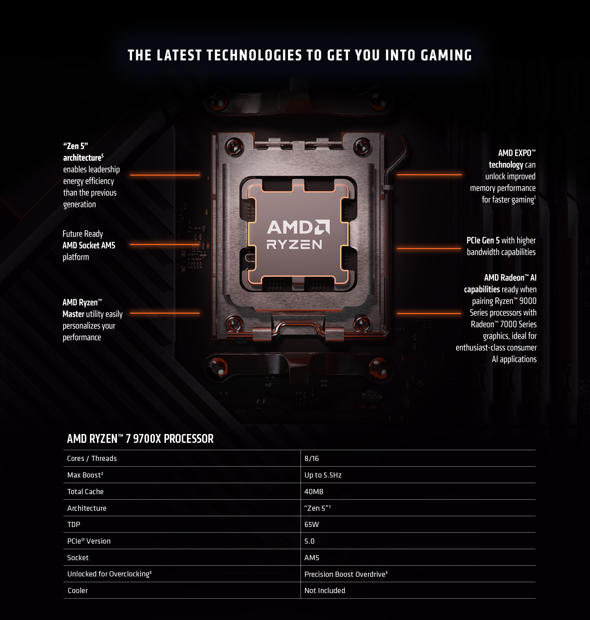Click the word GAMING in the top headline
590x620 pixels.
(x=446, y=55)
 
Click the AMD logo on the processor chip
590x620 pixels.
(x=298, y=227)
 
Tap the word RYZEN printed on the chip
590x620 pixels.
(x=294, y=245)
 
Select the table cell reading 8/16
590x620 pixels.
(x=312, y=458)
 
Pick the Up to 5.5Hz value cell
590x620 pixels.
(x=323, y=475)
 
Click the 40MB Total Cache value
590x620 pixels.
(x=314, y=492)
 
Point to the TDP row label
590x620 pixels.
(x=74, y=524)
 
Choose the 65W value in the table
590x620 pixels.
(x=312, y=524)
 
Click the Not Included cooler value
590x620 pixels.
(x=325, y=590)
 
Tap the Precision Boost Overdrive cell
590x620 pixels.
(x=346, y=574)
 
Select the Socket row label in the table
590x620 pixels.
(x=78, y=558)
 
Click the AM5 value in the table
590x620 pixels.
(x=312, y=558)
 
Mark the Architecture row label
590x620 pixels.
(x=87, y=508)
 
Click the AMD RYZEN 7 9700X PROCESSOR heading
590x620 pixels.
(x=140, y=439)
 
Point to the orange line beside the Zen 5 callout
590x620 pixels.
(x=165, y=175)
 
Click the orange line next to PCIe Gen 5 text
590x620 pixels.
(x=429, y=248)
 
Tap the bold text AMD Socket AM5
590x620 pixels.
(x=89, y=245)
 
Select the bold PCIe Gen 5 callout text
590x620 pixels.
(x=483, y=241)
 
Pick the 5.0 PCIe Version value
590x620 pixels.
(x=309, y=541)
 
